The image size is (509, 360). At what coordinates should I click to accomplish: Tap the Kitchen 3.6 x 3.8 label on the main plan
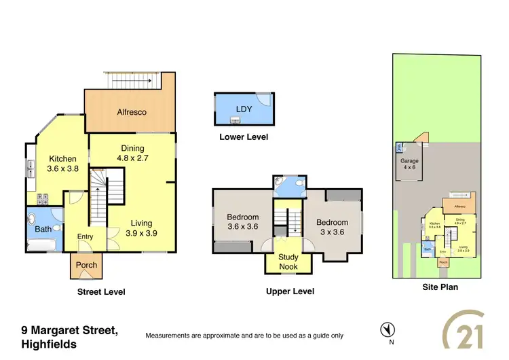(x=62, y=164)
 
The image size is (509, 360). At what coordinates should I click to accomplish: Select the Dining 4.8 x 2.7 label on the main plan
(x=132, y=153)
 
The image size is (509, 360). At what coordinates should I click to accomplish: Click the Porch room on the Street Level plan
(x=86, y=266)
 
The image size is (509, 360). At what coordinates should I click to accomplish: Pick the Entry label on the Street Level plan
(x=86, y=236)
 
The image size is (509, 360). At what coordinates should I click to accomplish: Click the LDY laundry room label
(x=243, y=109)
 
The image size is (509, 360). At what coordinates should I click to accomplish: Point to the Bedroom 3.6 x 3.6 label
(x=243, y=222)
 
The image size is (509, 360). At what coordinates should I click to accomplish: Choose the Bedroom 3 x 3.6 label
(x=332, y=227)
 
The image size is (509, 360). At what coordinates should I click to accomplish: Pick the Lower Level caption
(x=244, y=137)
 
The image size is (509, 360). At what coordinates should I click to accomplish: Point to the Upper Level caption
(x=290, y=291)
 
